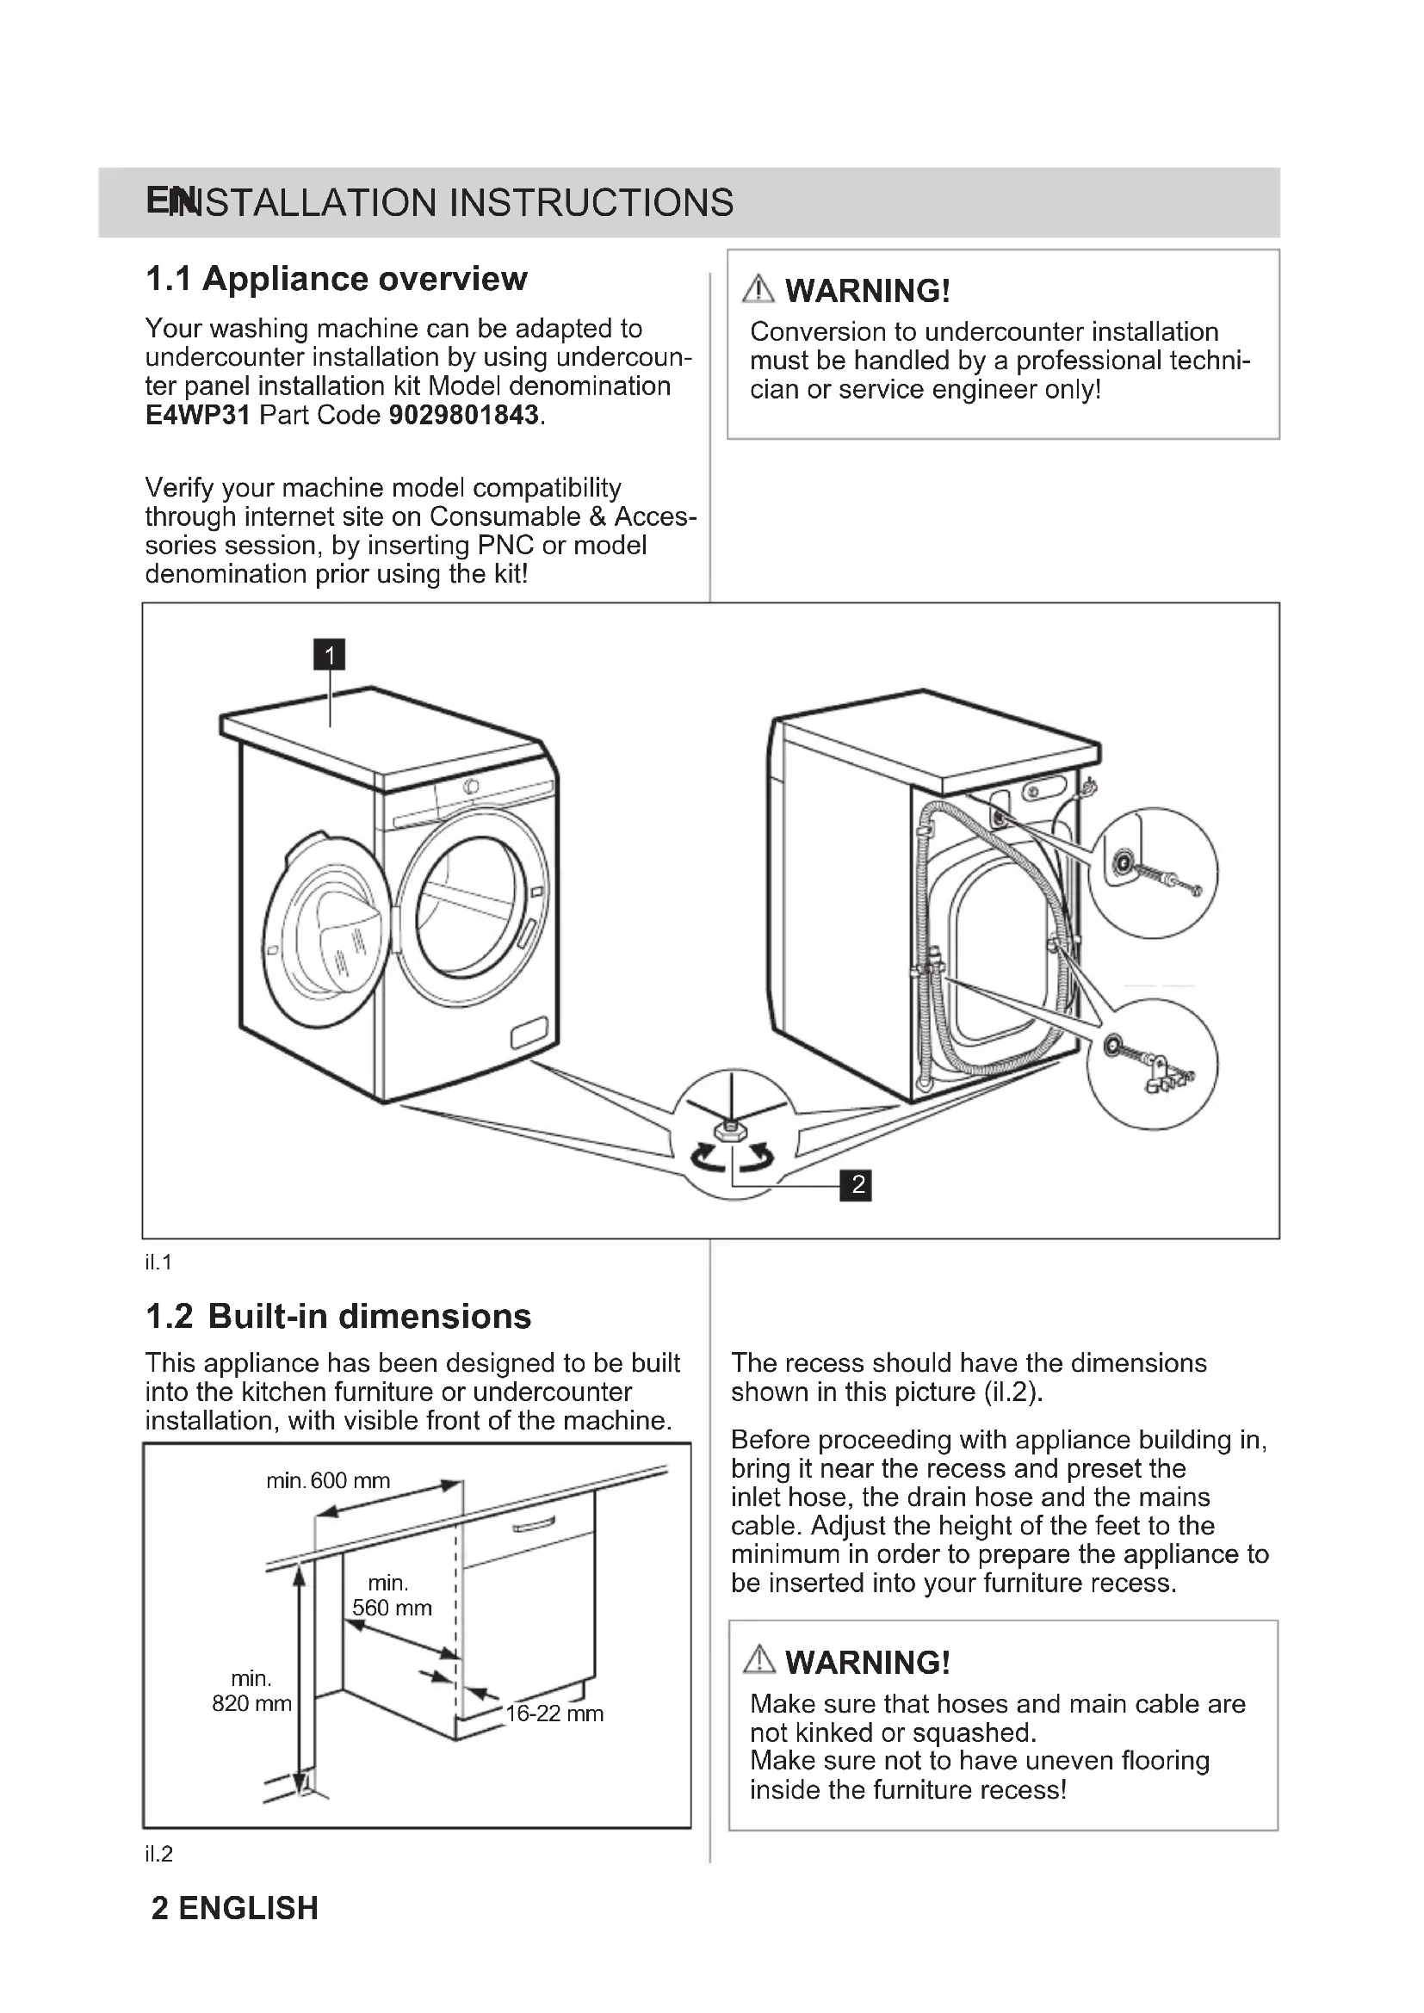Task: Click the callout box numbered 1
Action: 329,654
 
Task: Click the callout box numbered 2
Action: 857,1184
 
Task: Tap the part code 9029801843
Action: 463,415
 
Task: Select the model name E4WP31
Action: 197,415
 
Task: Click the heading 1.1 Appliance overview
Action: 336,279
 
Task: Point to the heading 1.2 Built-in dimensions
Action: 338,1316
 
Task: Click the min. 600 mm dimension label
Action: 328,1481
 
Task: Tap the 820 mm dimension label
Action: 251,1703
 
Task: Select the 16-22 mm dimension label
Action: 554,1714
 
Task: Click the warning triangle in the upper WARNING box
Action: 758,289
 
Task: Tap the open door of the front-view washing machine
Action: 326,931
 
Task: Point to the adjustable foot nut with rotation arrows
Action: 731,1133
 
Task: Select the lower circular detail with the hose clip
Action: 1151,1064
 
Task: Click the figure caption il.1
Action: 158,1263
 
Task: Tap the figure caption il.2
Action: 158,1855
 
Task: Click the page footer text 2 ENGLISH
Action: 234,1909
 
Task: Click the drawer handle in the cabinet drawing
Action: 533,1524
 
